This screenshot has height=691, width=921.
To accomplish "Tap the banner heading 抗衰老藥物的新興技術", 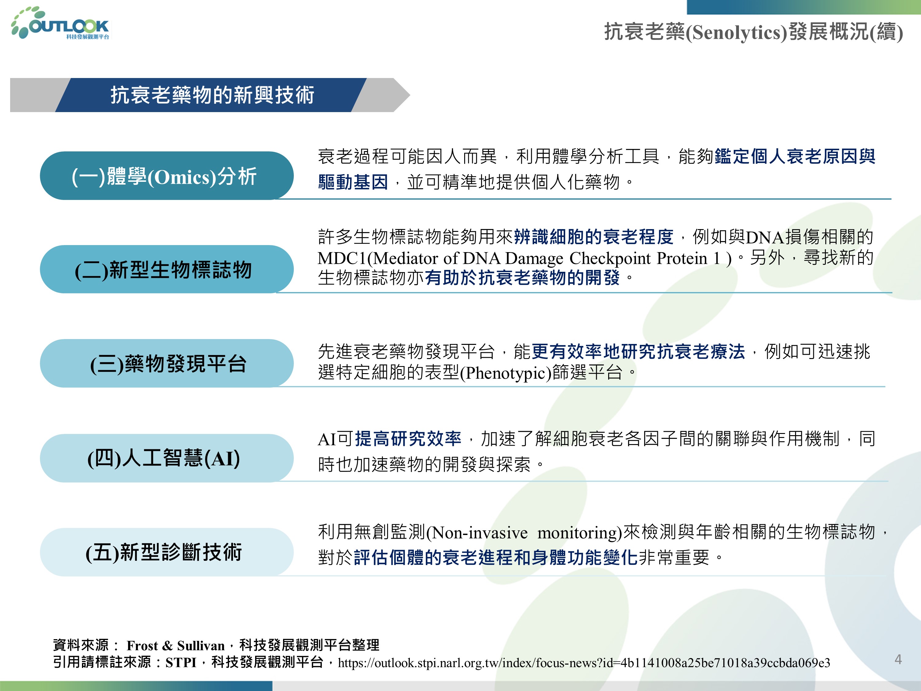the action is pos(212,95).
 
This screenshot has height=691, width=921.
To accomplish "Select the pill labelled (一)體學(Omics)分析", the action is pos(166,176).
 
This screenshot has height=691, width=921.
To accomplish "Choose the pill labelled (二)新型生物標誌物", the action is pos(166,269).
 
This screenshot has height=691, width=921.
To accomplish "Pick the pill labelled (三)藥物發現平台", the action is pos(166,363).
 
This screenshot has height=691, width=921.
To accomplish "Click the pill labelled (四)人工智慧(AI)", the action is pos(166,458).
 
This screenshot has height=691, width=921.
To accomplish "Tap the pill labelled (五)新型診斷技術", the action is pos(166,552).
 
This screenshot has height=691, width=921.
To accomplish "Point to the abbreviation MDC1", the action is pos(341,258).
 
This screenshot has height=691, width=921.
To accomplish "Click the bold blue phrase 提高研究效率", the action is pos(408,439).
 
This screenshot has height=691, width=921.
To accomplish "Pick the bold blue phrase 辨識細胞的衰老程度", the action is pos(594,236).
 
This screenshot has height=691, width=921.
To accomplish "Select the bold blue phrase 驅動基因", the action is pos(353,182).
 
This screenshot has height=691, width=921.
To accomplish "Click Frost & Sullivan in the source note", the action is pos(176,646).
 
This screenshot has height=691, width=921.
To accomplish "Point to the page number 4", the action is pos(898,659).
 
